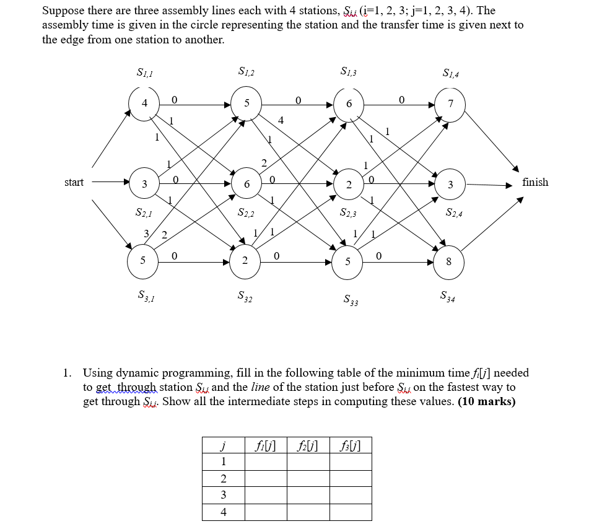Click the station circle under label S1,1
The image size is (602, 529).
144,103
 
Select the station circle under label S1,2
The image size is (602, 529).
246,103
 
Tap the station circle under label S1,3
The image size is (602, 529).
349,103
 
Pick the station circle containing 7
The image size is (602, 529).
450,103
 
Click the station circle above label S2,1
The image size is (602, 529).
144,184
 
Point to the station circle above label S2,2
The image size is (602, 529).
246,184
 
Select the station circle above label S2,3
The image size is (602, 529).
349,184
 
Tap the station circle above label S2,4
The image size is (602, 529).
450,184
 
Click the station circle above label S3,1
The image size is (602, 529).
143,260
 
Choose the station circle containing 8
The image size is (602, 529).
448,261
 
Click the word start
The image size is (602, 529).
74,182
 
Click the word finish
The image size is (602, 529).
535,182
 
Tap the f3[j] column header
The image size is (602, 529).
350,445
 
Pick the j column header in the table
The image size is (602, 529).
223,445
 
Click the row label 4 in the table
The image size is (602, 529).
223,512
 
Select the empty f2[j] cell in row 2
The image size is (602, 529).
308,479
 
